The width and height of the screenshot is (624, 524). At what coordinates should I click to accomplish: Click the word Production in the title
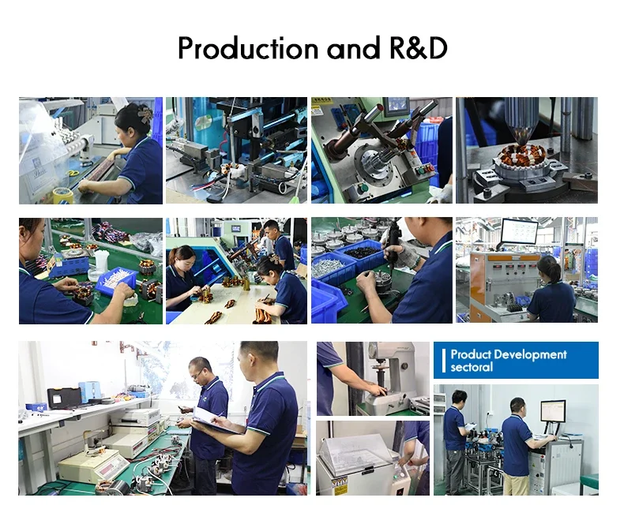(248, 48)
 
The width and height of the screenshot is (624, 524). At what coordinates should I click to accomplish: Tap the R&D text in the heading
(419, 48)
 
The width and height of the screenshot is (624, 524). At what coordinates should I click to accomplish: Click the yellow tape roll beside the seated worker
(63, 196)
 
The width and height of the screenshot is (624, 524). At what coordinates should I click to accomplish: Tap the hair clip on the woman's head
(145, 113)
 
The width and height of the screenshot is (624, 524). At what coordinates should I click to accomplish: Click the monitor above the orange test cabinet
(518, 231)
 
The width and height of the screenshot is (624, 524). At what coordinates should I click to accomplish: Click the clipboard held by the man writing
(214, 422)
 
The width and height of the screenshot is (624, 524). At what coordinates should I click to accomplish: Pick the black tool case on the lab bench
(64, 399)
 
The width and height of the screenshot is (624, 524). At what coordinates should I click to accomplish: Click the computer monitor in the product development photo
(553, 412)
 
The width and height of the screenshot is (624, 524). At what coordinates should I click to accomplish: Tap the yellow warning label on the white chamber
(340, 486)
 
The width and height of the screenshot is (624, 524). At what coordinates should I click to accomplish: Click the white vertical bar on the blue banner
(444, 361)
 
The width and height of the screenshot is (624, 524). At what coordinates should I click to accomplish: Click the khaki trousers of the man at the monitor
(516, 485)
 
